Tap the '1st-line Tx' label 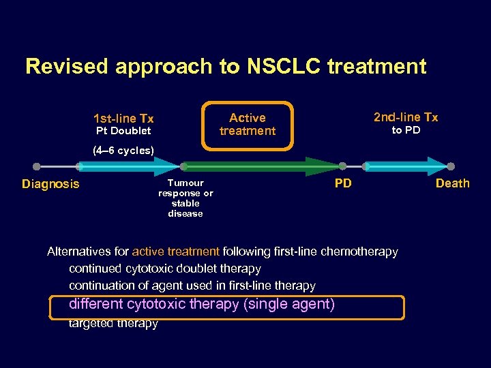tap(123, 119)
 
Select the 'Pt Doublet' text tap(123, 131)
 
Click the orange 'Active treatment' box tap(248, 125)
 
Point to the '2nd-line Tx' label tap(406, 117)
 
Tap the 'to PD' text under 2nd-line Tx tap(406, 130)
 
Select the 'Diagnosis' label tap(50, 184)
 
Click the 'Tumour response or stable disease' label tap(185, 198)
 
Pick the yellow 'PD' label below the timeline tap(343, 183)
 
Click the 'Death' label tap(453, 183)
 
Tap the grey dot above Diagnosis tap(37, 166)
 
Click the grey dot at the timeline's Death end tap(451, 166)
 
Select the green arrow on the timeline tap(263, 166)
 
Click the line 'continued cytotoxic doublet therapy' tap(164, 269)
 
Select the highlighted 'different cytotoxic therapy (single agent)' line tap(202, 305)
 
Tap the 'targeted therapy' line tap(113, 324)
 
